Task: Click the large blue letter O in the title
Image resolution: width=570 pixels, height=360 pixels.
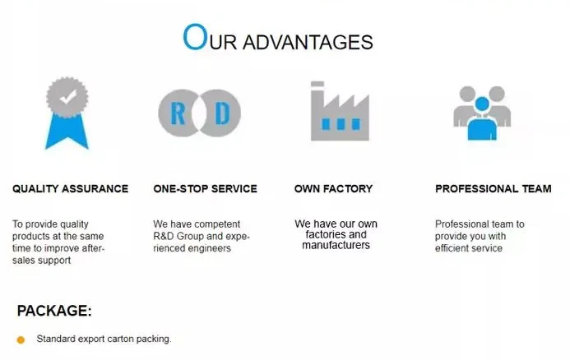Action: pyautogui.click(x=194, y=38)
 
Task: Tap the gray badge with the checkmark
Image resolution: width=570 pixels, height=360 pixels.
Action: pyautogui.click(x=67, y=98)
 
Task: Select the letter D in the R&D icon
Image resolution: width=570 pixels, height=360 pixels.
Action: pyautogui.click(x=221, y=113)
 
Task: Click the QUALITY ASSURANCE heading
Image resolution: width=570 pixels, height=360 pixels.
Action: pyautogui.click(x=71, y=188)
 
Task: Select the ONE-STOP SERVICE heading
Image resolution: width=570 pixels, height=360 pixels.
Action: pyautogui.click(x=205, y=188)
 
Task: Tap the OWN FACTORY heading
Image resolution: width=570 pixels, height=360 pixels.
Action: pyautogui.click(x=333, y=188)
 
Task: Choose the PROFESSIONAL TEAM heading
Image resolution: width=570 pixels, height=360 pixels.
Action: pyautogui.click(x=494, y=188)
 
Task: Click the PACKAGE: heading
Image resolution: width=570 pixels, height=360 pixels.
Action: pyautogui.click(x=54, y=311)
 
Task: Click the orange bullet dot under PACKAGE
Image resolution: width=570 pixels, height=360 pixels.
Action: pyautogui.click(x=21, y=339)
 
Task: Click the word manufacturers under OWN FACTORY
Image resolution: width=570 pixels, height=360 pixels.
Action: pyautogui.click(x=336, y=245)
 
